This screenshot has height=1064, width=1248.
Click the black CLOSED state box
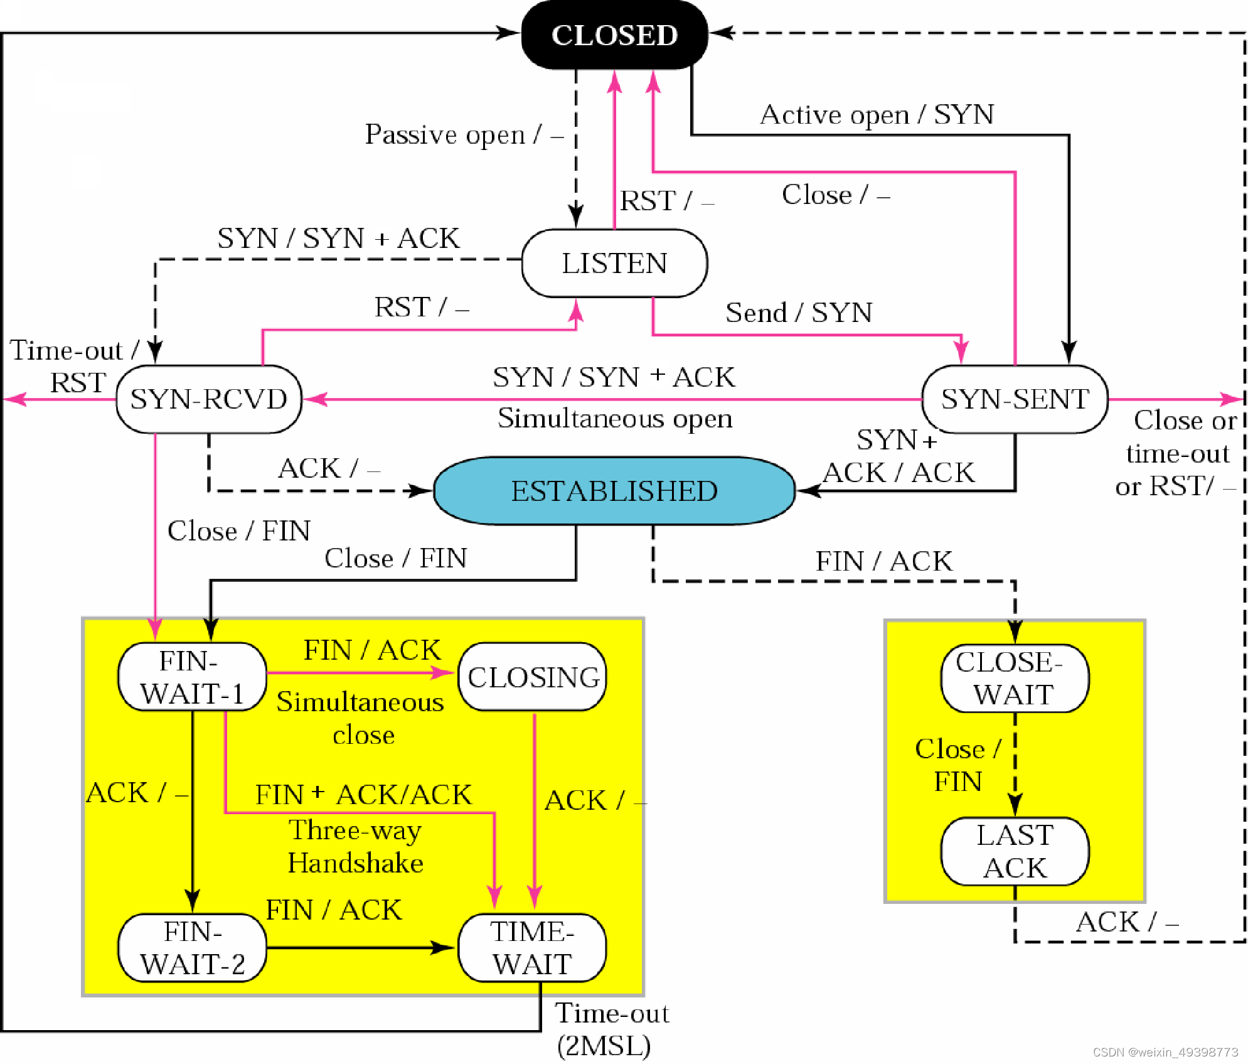pyautogui.click(x=614, y=35)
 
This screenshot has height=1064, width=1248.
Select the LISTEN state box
pyautogui.click(x=614, y=263)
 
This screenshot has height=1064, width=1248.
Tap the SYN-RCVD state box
pyautogui.click(x=208, y=399)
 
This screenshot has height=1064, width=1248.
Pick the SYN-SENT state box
pyautogui.click(x=1015, y=399)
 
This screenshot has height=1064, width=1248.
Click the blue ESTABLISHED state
pyautogui.click(x=614, y=491)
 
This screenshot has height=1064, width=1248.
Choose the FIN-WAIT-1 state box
pyautogui.click(x=192, y=677)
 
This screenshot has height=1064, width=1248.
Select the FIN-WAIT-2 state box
pyautogui.click(x=192, y=948)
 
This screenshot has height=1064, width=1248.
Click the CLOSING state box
pyautogui.click(x=533, y=677)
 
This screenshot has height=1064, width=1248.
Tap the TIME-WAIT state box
pyautogui.click(x=532, y=948)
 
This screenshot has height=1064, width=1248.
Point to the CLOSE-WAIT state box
pyautogui.click(x=1015, y=678)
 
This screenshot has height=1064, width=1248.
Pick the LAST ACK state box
pyautogui.click(x=1015, y=851)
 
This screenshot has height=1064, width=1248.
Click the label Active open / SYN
pyautogui.click(x=877, y=115)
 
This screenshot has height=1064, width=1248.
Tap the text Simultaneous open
pyautogui.click(x=615, y=418)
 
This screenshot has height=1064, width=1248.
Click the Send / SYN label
pyautogui.click(x=799, y=312)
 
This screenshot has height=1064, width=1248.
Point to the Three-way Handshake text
pyautogui.click(x=355, y=846)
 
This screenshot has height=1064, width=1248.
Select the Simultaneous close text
pyautogui.click(x=361, y=718)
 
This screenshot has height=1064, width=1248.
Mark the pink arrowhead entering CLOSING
pyautogui.click(x=444, y=673)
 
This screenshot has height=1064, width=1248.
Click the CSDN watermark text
pyautogui.click(x=1165, y=1052)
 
